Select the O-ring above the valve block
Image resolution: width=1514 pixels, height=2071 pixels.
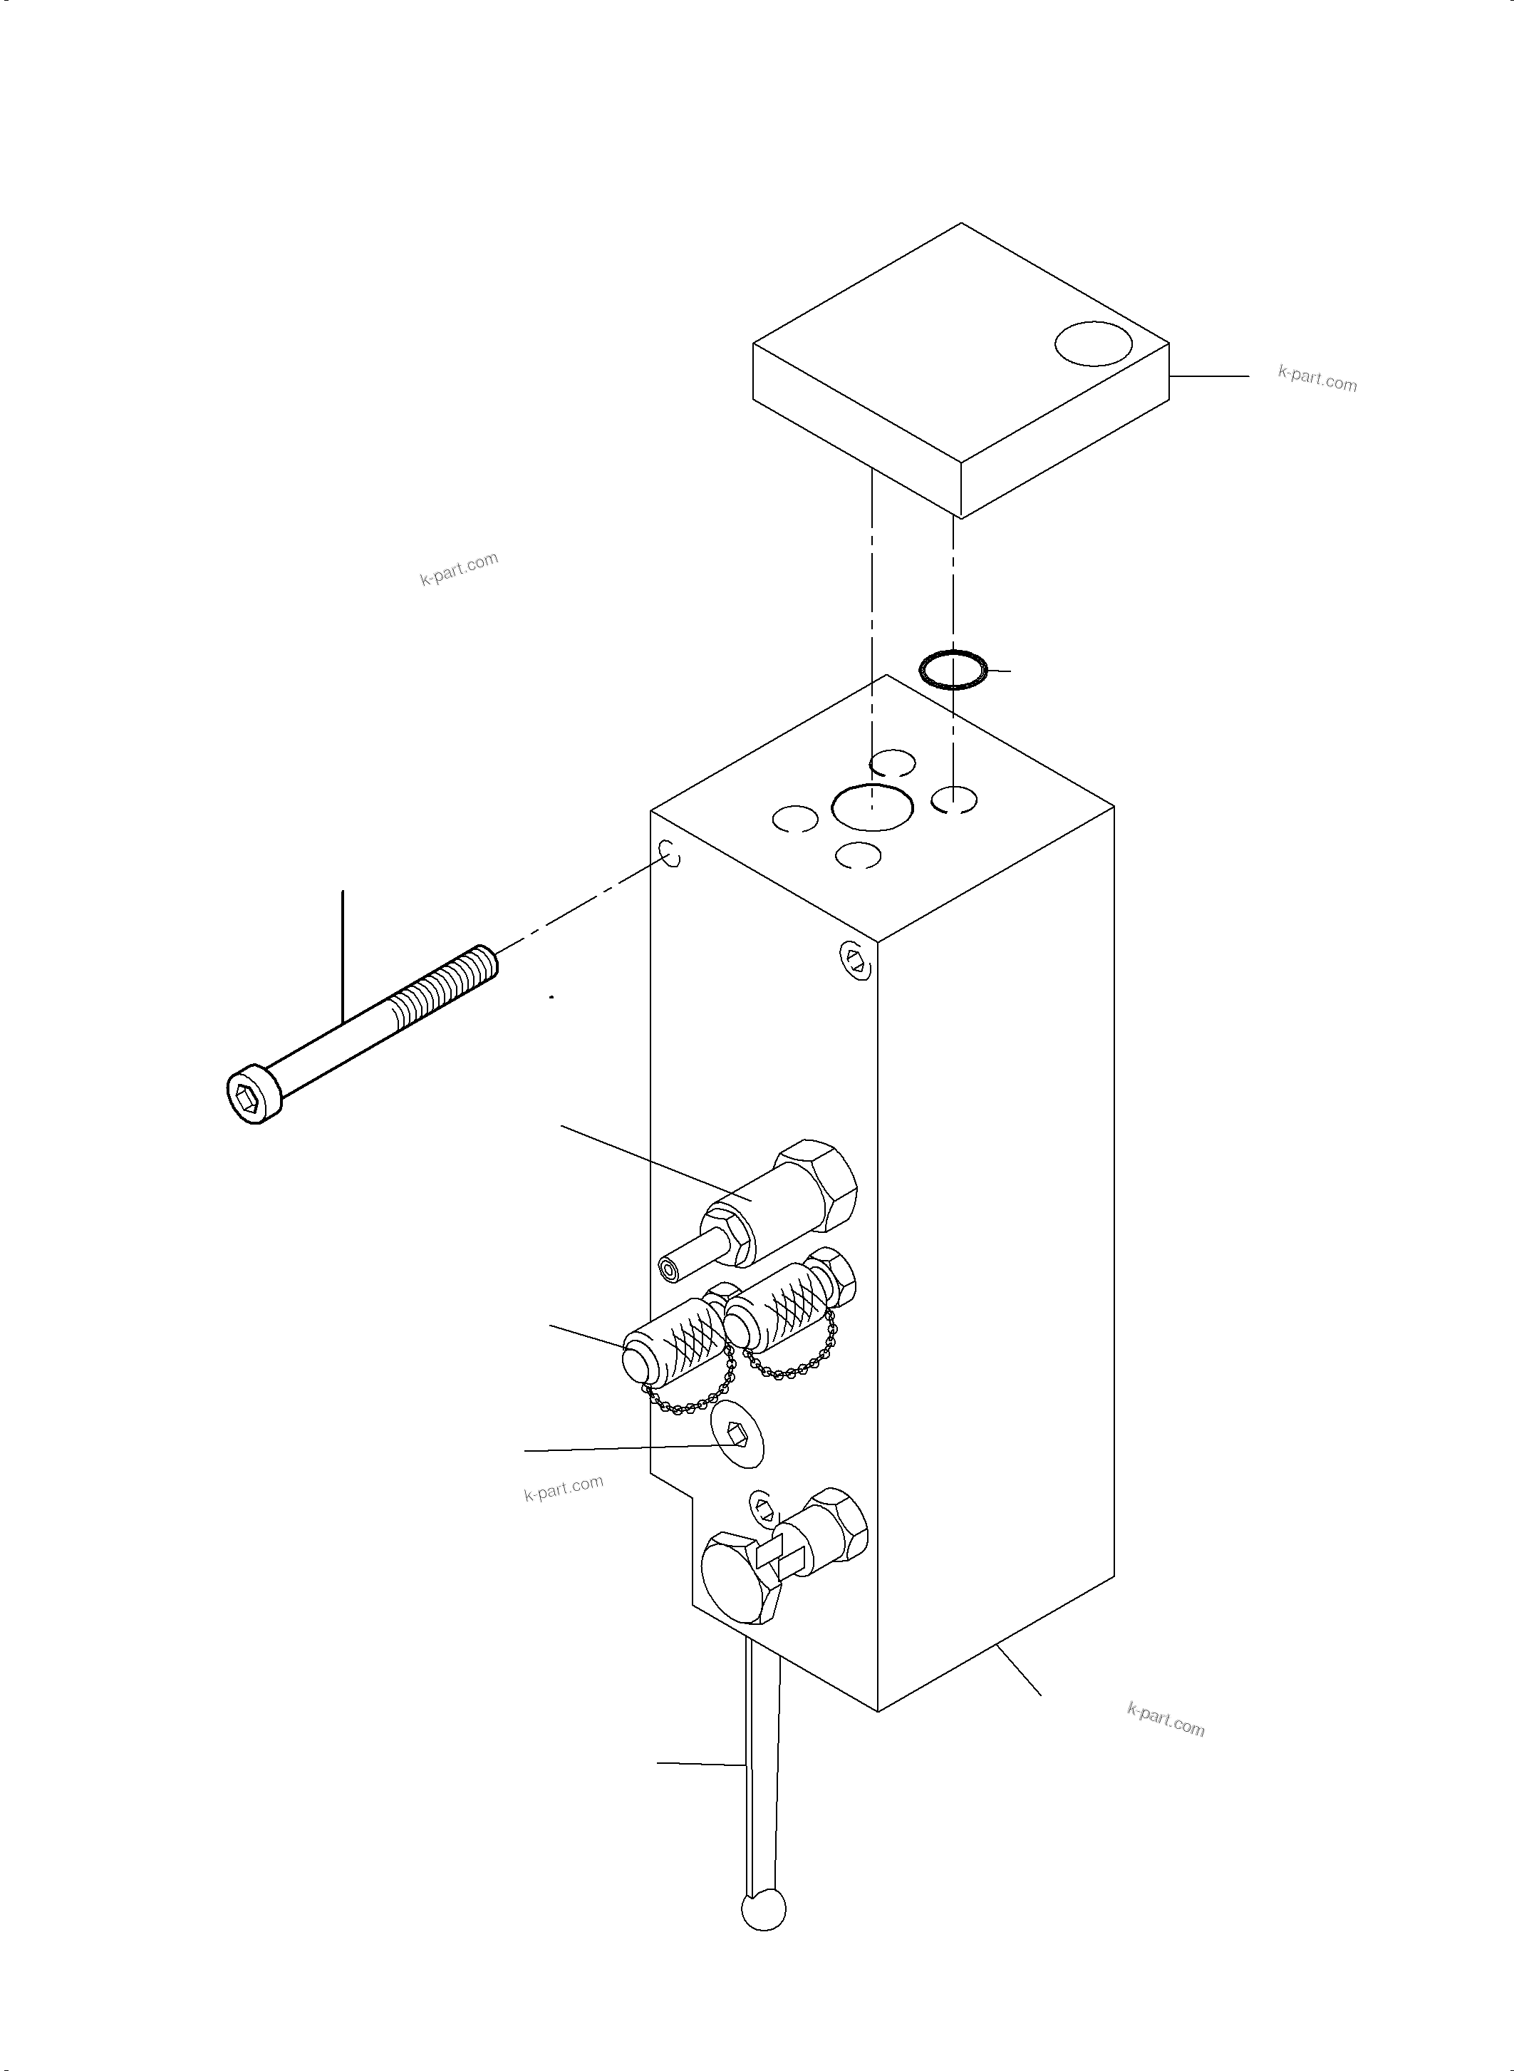(x=953, y=669)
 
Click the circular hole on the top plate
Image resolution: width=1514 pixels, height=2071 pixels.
(x=1094, y=344)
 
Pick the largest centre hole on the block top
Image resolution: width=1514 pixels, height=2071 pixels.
(x=871, y=807)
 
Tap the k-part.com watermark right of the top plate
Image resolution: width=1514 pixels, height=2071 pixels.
(x=1317, y=378)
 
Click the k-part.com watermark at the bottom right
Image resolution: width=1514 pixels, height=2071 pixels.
(x=1165, y=1720)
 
